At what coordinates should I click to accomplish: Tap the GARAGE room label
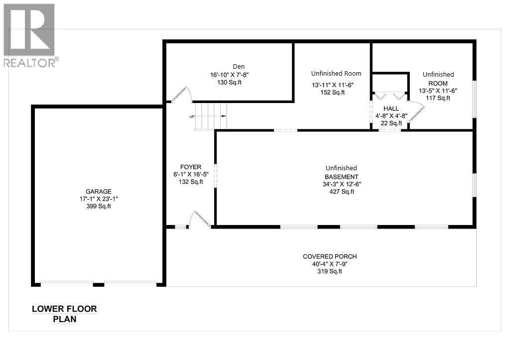[98, 191]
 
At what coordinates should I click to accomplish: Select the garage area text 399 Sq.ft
[98, 206]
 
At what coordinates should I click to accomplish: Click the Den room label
[239, 67]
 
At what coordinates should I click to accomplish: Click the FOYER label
[191, 167]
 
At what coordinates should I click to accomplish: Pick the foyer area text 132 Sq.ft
[191, 182]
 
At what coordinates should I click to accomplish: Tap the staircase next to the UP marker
[211, 116]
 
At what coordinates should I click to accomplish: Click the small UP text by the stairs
[192, 117]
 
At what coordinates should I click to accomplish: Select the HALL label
[391, 109]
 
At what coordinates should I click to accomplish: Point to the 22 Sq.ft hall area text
[391, 123]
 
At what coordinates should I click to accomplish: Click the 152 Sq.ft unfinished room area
[332, 92]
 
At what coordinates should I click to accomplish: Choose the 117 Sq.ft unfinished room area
[438, 98]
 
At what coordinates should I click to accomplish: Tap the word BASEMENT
[341, 177]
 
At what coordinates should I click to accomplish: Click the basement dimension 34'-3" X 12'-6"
[341, 184]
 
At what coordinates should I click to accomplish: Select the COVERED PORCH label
[330, 257]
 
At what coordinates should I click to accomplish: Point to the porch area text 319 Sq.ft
[330, 271]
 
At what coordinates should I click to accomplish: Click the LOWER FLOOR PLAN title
[64, 314]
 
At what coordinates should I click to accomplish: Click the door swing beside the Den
[181, 95]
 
